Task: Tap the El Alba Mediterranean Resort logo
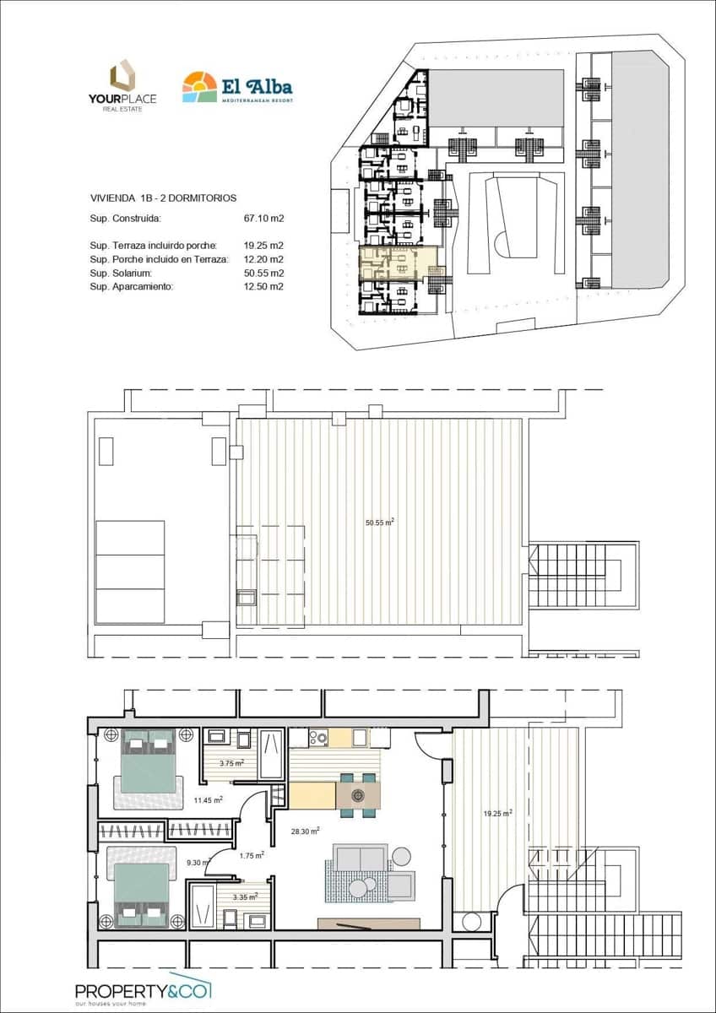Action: point(237,87)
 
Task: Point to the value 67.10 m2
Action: point(263,218)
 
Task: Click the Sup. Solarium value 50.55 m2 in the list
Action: point(263,273)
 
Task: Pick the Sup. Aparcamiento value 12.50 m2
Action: point(263,286)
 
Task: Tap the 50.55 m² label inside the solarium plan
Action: point(380,523)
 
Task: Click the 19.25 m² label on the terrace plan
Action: point(497,814)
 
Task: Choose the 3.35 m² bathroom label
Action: point(245,897)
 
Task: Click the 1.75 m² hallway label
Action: point(252,855)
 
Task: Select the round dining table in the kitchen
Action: point(357,795)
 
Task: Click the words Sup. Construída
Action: point(125,218)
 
